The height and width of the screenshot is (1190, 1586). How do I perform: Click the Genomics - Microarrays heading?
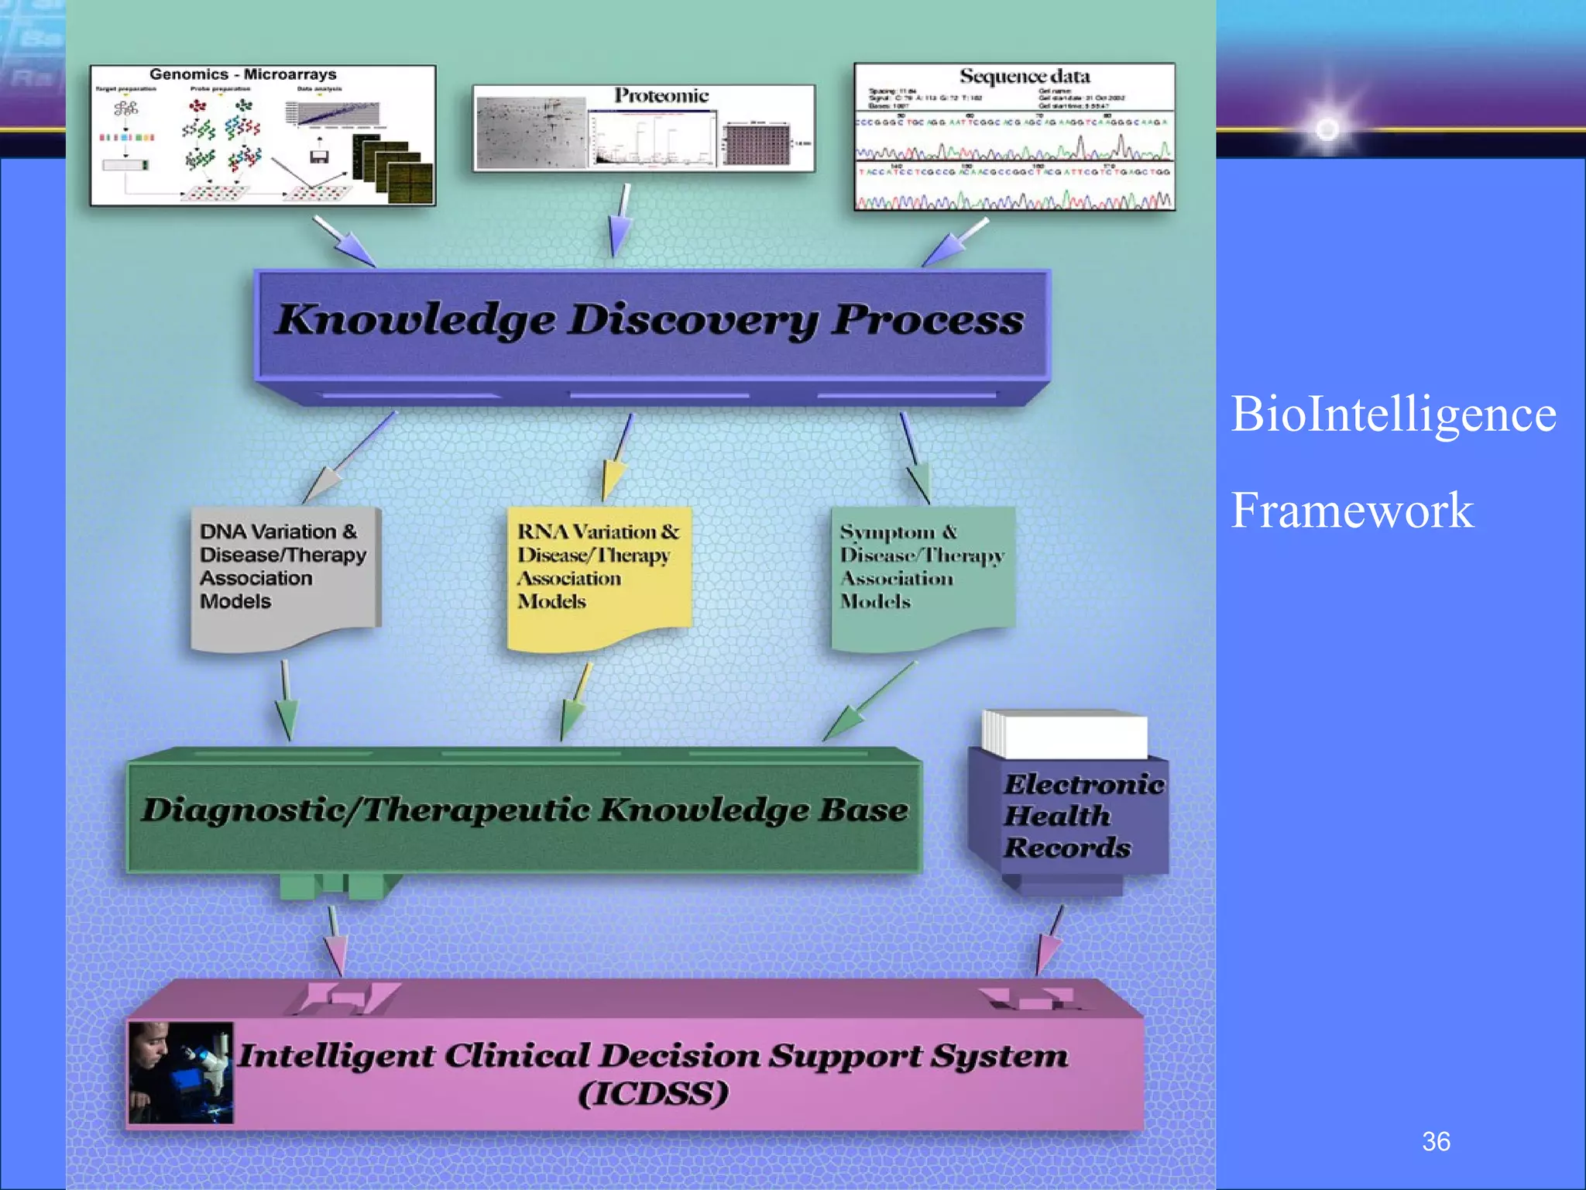point(242,75)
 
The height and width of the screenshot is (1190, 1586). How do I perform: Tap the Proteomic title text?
point(661,96)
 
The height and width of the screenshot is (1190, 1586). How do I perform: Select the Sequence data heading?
point(1024,77)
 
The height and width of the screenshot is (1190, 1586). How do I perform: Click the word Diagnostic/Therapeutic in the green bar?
point(365,810)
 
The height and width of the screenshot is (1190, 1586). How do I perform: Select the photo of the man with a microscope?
point(180,1072)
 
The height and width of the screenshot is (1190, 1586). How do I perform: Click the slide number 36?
point(1435,1141)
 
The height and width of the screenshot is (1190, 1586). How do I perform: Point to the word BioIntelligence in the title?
point(1392,414)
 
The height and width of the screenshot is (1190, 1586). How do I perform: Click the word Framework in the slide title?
point(1351,511)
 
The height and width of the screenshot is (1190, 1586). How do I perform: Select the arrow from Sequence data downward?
point(953,243)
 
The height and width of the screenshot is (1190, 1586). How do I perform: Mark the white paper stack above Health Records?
point(1066,734)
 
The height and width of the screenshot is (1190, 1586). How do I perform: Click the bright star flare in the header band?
point(1327,129)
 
